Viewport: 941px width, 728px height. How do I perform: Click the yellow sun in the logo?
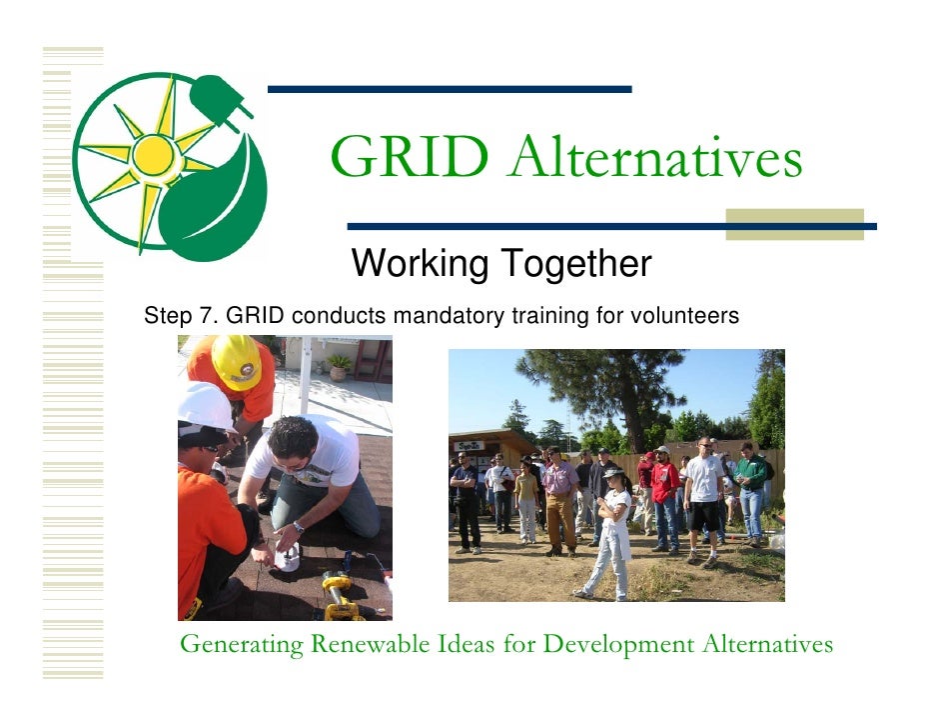153,154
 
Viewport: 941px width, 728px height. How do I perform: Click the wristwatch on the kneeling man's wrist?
298,527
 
